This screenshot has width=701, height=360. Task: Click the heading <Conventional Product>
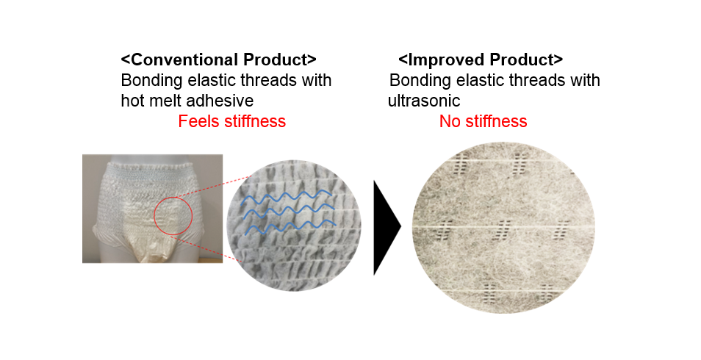click(219, 60)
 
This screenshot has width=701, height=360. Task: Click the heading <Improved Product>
click(481, 60)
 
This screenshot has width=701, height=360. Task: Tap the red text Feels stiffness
click(231, 121)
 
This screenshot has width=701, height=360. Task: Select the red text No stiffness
click(483, 121)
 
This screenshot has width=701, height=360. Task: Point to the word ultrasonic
click(424, 101)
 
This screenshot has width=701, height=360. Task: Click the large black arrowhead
click(387, 227)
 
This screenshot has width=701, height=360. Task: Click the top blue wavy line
click(286, 197)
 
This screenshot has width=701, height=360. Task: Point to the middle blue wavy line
click(288, 212)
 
